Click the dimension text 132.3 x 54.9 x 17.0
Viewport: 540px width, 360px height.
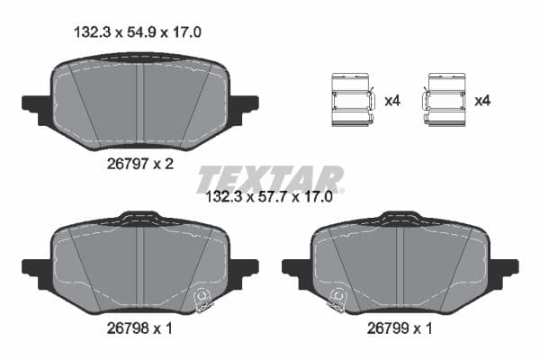136,31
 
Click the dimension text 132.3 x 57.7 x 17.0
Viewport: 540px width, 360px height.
270,194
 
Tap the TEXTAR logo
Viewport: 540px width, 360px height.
270,177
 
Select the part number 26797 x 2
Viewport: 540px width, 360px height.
139,164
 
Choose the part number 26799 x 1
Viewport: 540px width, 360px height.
400,329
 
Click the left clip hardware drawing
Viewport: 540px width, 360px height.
353,99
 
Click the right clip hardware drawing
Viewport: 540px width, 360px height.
445,99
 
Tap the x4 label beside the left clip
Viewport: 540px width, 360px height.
391,101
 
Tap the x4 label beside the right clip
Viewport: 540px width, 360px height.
483,101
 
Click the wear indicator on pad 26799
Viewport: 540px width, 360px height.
337,299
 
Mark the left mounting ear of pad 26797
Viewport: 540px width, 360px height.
37,107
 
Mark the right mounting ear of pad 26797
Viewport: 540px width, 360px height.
243,107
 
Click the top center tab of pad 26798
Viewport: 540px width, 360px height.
139,218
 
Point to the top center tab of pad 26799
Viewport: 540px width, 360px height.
400,218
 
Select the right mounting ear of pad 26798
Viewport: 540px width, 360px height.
243,268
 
